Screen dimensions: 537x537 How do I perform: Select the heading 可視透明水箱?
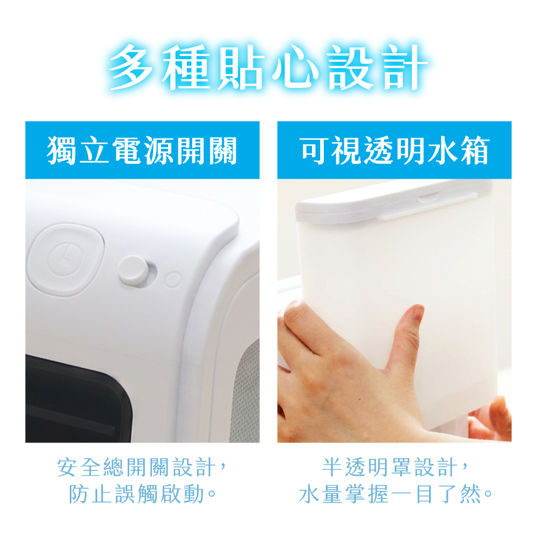coord(395,150)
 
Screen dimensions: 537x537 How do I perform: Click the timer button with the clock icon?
coord(66,259)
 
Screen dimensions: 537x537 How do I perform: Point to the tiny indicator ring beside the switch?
coord(172,280)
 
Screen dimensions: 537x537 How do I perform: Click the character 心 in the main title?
coord(294,68)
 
